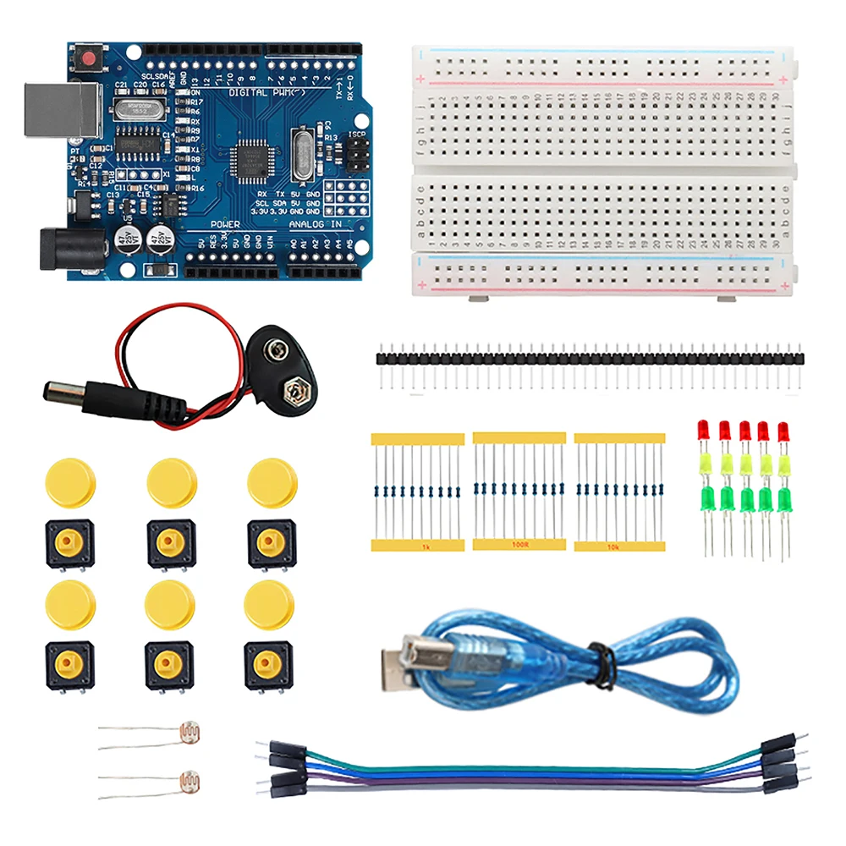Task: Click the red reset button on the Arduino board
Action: point(87,58)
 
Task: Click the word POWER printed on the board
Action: point(225,224)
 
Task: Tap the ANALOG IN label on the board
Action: point(315,224)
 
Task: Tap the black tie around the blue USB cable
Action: point(602,662)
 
